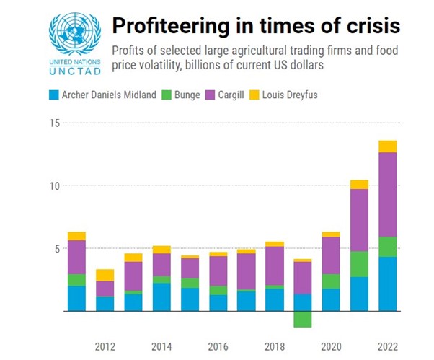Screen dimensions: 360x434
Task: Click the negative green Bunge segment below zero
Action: click(x=303, y=319)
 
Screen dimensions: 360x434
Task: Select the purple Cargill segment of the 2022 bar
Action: click(x=387, y=194)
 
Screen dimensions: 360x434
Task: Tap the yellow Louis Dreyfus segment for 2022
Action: click(x=387, y=146)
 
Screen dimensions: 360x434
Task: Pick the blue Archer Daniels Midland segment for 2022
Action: click(x=387, y=284)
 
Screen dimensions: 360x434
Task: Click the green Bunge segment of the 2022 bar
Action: click(x=387, y=247)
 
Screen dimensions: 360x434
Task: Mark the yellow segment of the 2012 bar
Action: click(x=105, y=275)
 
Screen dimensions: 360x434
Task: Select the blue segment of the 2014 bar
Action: click(x=161, y=297)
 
